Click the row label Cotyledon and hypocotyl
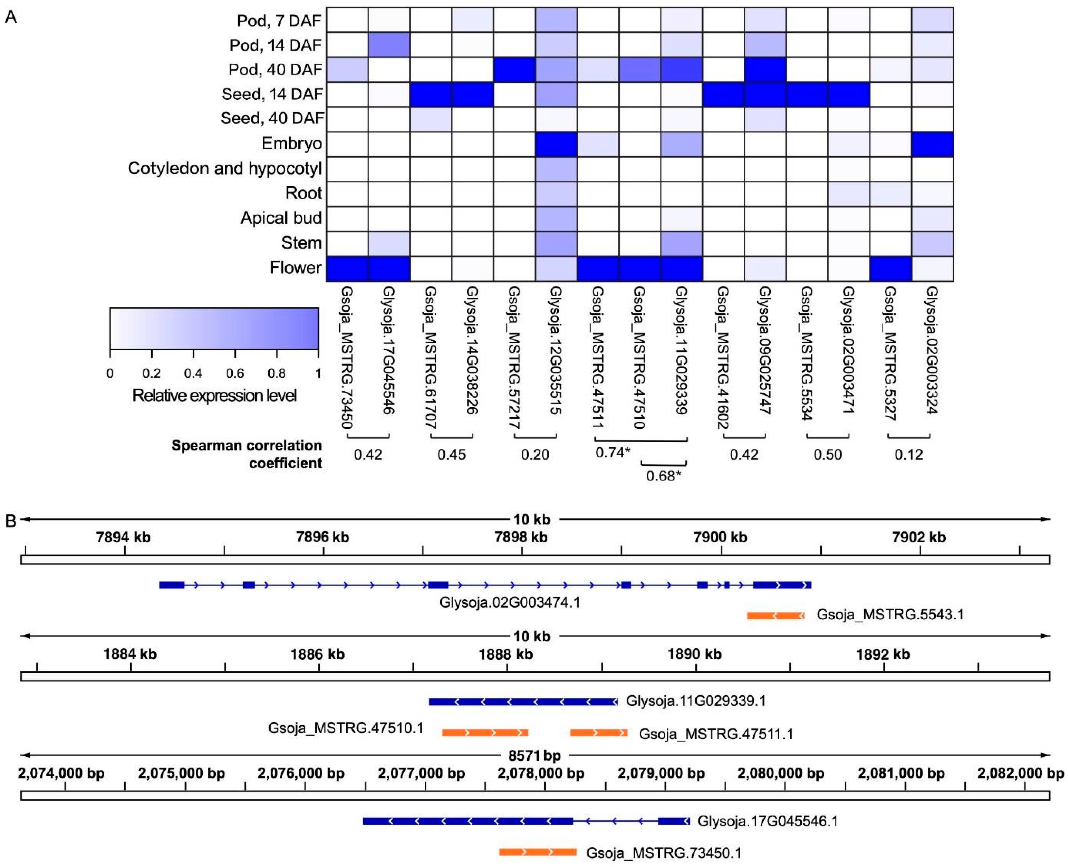coord(225,168)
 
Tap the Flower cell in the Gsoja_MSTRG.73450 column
coord(347,269)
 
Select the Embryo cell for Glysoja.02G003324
coord(932,144)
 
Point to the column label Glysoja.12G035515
coord(555,350)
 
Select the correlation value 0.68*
coord(663,475)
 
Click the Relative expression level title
coord(214,396)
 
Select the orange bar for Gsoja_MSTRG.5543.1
coord(775,616)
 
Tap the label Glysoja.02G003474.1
coord(510,602)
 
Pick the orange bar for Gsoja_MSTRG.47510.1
coord(485,733)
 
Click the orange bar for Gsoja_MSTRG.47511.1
coord(599,733)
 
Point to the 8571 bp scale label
coord(534,756)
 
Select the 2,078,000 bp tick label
coord(541,774)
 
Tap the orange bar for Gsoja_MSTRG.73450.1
coord(538,851)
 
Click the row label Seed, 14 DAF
coord(272,94)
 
